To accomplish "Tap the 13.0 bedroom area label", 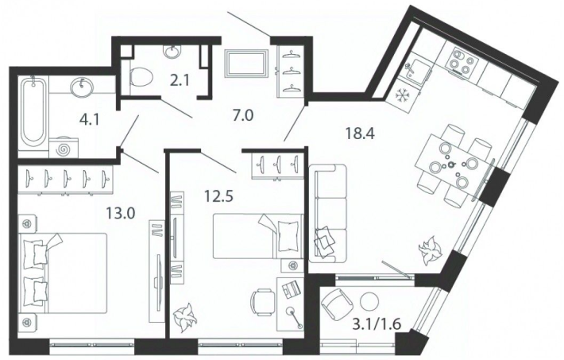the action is pos(120,215).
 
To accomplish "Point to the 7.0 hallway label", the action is pos(244,116).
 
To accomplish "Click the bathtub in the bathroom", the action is pos(33,110).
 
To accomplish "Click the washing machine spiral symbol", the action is pos(65,149).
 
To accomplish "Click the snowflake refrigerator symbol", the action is pos(400,95).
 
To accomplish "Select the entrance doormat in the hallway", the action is pos(246,63).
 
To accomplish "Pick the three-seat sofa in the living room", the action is pos(327,214).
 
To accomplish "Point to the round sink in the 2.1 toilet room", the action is pos(172,52).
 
